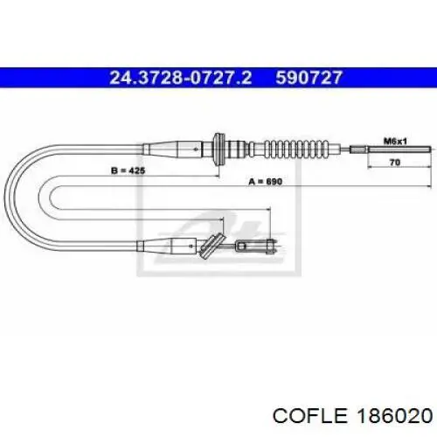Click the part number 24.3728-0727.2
[180, 78]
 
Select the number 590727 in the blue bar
[309, 78]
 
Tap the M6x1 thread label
[395, 142]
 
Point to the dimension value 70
[395, 163]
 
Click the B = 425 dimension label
[128, 170]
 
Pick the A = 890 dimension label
[266, 182]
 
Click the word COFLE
[310, 415]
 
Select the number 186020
[395, 415]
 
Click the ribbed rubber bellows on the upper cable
[296, 149]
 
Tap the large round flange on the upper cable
[218, 149]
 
